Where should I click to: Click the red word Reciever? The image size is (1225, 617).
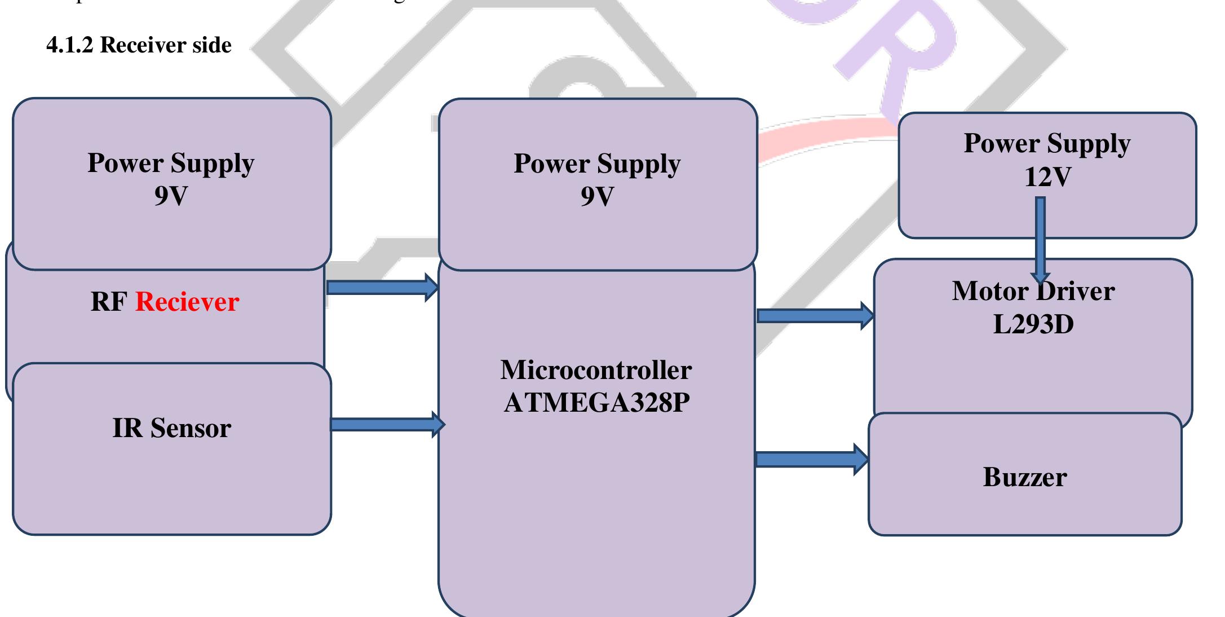click(187, 302)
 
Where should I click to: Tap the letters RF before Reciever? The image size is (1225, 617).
click(108, 302)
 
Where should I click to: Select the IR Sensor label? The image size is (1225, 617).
click(171, 428)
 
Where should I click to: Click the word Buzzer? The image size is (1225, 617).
click(1025, 477)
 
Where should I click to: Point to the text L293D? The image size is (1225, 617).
click(1033, 324)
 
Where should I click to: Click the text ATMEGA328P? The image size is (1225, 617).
click(596, 403)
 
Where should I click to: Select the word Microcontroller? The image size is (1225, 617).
click(596, 370)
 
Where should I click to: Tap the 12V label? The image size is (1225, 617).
click(1047, 177)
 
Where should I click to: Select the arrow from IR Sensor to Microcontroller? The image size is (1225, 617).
click(387, 424)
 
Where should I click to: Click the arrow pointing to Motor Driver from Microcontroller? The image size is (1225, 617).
click(815, 315)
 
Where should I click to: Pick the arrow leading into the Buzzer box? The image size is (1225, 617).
click(811, 459)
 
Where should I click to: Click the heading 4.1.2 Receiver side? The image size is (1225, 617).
click(139, 45)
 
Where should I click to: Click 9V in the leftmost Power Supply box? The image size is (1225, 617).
click(171, 196)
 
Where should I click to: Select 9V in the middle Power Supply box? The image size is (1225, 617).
click(597, 196)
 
